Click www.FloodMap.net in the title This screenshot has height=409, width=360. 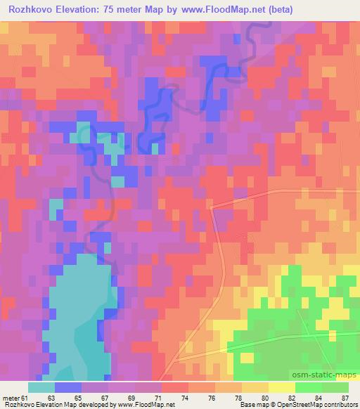pyautogui.click(x=222, y=10)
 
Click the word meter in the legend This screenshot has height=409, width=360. pyautogui.click(x=10, y=398)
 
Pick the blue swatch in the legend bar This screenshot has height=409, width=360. pyautogui.click(x=68, y=387)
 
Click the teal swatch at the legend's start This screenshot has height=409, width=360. pyautogui.click(x=41, y=387)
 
